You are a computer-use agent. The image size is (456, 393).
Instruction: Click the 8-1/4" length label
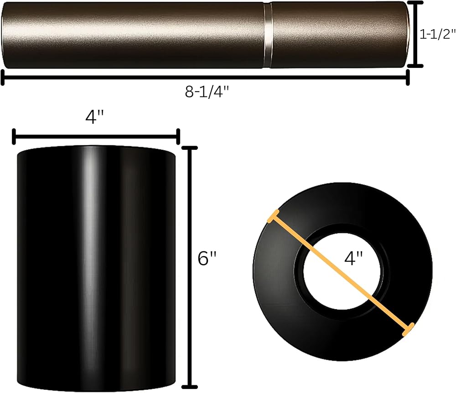click(x=207, y=92)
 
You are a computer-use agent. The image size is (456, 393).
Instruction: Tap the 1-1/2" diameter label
click(x=437, y=34)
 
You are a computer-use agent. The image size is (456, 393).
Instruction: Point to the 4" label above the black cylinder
click(x=94, y=117)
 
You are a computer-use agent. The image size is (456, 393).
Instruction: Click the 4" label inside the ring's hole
click(x=353, y=258)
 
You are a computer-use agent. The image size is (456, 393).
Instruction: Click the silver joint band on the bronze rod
click(x=268, y=36)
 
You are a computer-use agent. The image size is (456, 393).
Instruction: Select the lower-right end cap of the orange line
click(x=408, y=330)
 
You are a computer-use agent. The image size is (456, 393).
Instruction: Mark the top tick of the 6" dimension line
click(x=190, y=148)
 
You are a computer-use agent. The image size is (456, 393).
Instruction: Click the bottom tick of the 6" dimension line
click(x=190, y=387)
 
